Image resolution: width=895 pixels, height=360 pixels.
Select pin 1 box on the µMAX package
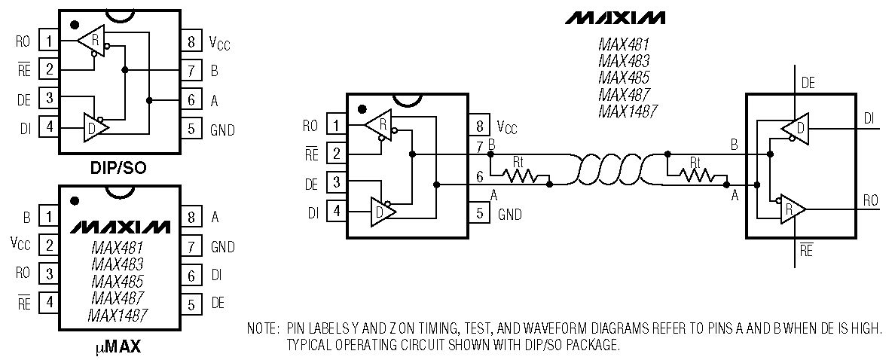50,218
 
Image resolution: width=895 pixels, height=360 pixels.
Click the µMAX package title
118,348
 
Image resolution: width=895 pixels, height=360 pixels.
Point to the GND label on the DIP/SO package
222,130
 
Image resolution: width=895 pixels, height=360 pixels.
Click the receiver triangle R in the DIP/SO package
93,39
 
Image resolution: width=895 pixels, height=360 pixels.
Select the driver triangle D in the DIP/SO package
95,126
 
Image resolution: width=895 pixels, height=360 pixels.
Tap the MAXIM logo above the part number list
616,17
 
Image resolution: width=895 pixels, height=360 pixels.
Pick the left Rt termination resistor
520,175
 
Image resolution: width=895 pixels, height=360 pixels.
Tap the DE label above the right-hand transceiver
808,84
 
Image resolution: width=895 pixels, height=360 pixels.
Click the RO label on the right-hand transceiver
870,201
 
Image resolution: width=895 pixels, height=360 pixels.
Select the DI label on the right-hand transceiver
869,117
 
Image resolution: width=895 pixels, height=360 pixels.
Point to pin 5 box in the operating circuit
478,213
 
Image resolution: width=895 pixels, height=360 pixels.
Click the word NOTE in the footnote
262,328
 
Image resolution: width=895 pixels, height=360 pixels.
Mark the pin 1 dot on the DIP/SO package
75,25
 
